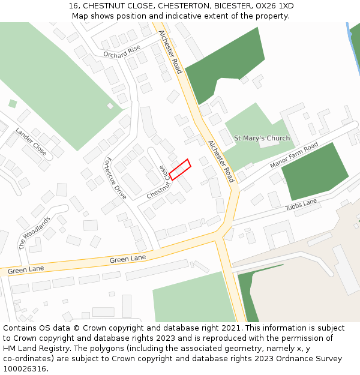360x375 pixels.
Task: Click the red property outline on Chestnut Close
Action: [x=179, y=169]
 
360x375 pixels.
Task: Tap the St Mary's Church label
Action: [x=262, y=138]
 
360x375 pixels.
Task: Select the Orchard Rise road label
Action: [x=121, y=52]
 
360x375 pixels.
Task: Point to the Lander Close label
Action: [x=31, y=142]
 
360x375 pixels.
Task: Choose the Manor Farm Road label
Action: [x=294, y=156]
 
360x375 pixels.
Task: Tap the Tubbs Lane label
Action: [x=301, y=205]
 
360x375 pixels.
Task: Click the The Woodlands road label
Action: [x=31, y=232]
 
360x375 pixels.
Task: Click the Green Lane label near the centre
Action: [x=128, y=259]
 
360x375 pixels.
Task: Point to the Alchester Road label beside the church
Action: [x=221, y=161]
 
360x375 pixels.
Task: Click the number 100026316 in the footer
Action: [x=25, y=368]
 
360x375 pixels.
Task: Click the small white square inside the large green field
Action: [x=110, y=106]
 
